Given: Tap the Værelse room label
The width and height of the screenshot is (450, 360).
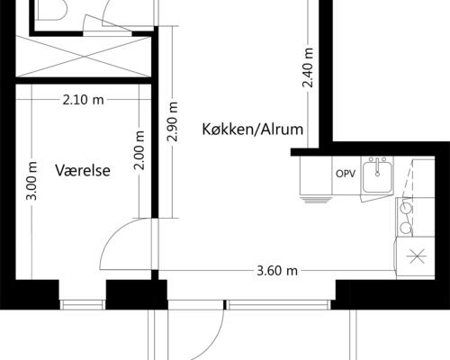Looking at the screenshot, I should (x=82, y=169).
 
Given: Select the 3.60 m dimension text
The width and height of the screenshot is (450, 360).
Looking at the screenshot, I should (x=277, y=269).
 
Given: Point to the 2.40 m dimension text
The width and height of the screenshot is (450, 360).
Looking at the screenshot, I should (x=308, y=67).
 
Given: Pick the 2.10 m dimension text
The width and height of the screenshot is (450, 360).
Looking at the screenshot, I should (x=82, y=100).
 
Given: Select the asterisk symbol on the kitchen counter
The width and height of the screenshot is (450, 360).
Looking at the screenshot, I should (x=418, y=256).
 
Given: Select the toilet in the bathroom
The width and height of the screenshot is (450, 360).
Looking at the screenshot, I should (x=56, y=11).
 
